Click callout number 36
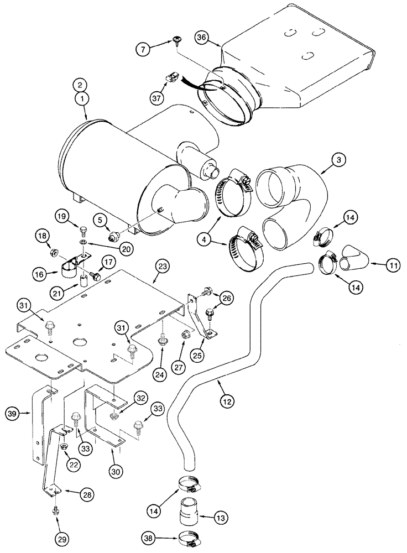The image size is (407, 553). point(202,37)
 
